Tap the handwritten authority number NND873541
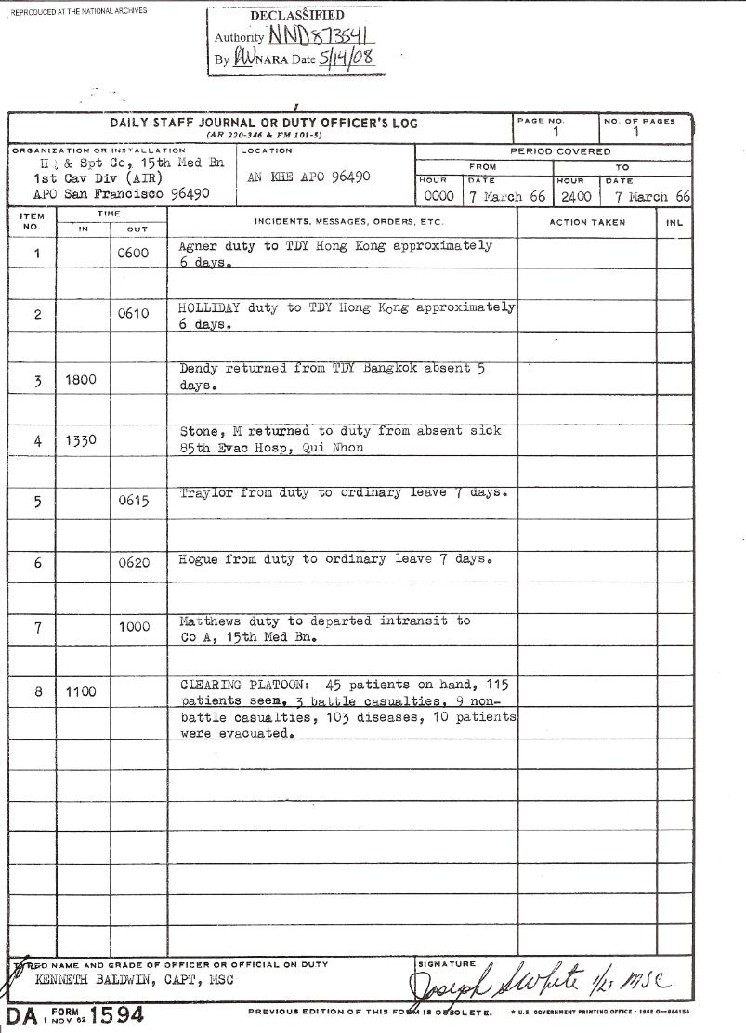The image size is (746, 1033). (x=321, y=38)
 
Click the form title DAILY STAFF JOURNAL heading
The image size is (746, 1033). (x=263, y=123)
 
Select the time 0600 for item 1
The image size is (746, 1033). (x=135, y=254)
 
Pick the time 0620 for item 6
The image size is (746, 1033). (x=135, y=563)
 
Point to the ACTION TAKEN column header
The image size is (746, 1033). (x=587, y=223)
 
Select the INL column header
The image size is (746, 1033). (x=674, y=223)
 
